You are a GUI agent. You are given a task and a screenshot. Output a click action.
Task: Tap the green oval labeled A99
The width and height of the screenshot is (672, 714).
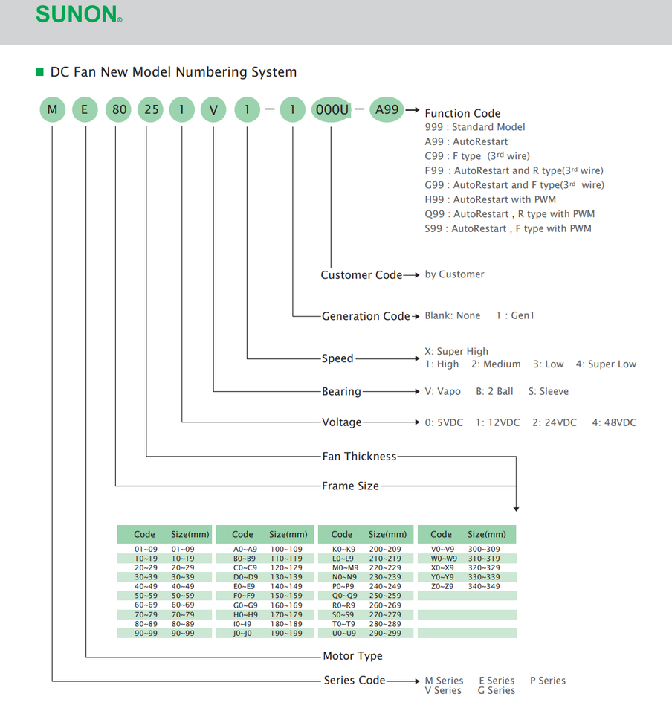pyautogui.click(x=387, y=110)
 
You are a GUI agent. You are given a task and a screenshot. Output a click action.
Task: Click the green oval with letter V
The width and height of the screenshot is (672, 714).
pyautogui.click(x=214, y=111)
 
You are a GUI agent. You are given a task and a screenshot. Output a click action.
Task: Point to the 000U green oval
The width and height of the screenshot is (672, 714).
pyautogui.click(x=332, y=111)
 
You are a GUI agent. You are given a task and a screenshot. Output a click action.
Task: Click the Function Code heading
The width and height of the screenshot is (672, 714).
pyautogui.click(x=462, y=113)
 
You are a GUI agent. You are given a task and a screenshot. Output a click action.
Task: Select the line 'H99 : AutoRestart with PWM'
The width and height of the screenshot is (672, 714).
pyautogui.click(x=490, y=199)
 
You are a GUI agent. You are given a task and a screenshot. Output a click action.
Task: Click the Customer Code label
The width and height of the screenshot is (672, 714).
pyautogui.click(x=361, y=275)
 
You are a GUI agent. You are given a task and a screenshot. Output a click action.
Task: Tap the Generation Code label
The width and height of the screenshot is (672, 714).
pyautogui.click(x=366, y=316)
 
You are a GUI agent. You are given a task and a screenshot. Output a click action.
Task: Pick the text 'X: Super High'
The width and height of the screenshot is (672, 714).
pyautogui.click(x=456, y=351)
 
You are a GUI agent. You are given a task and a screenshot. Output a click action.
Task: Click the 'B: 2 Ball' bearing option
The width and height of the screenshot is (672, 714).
pyautogui.click(x=495, y=391)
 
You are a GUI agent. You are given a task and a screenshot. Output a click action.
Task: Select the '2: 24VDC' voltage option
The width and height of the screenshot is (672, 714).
pyautogui.click(x=554, y=422)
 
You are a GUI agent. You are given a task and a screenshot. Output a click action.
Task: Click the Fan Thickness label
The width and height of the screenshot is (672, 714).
pyautogui.click(x=359, y=456)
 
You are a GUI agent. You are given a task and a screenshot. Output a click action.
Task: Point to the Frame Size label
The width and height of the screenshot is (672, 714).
pyautogui.click(x=350, y=486)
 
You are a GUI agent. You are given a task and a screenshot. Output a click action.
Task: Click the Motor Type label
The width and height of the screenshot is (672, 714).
pyautogui.click(x=352, y=656)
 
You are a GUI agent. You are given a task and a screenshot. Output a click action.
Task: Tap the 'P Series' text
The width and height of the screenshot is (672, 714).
pyautogui.click(x=548, y=681)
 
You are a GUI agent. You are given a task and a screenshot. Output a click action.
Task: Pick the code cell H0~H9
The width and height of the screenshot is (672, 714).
pyautogui.click(x=244, y=615)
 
